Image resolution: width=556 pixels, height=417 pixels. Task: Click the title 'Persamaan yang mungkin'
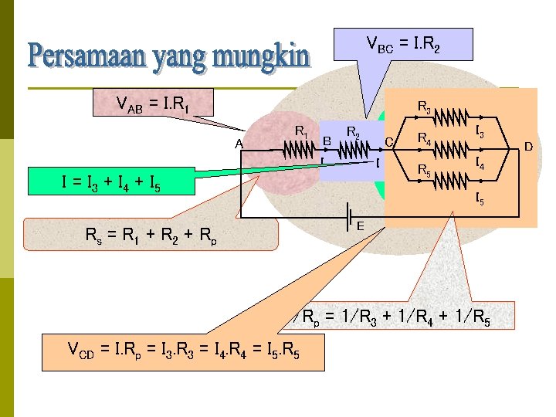coord(168,56)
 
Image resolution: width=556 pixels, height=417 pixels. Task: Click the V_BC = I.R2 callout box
coord(402,45)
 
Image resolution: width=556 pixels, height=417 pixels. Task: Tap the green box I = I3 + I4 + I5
coord(111,182)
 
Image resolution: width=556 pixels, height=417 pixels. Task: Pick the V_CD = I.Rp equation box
coord(184,353)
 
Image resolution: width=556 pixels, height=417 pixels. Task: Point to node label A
coord(239,144)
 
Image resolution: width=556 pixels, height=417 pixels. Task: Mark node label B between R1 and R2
coord(327,142)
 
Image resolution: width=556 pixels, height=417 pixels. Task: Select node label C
coord(389,142)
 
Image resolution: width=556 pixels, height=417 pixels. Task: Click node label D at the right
coord(529,145)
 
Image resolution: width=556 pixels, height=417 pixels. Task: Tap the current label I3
coord(480,133)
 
